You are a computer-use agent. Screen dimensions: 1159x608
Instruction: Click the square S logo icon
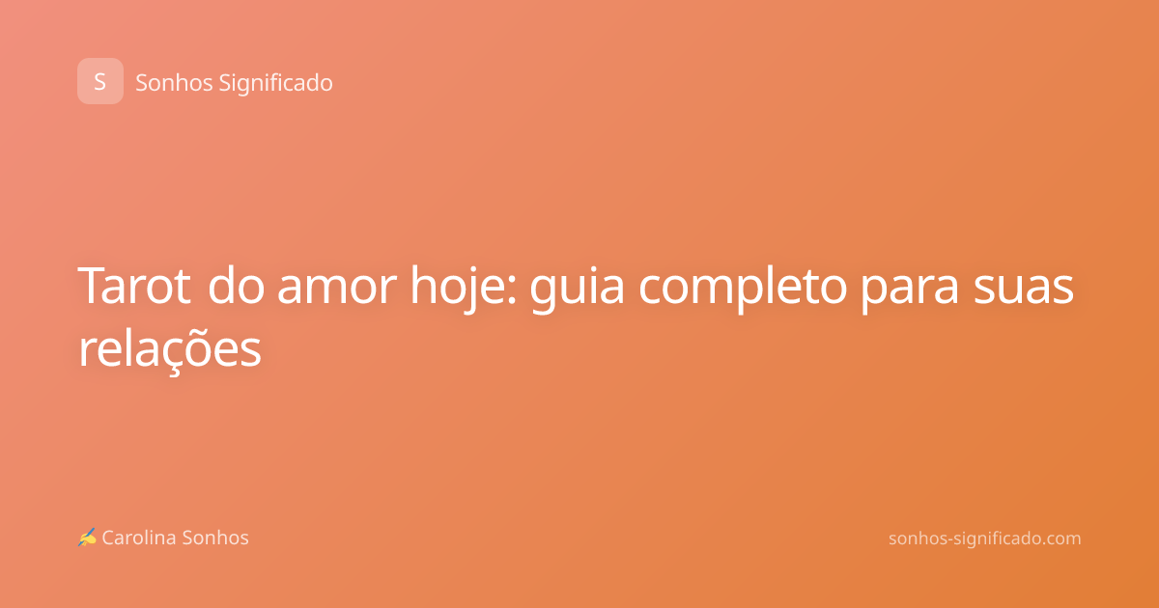coord(100,81)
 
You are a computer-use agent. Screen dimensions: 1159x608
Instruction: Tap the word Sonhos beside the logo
coord(174,83)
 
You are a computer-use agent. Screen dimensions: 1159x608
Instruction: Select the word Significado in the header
coord(276,84)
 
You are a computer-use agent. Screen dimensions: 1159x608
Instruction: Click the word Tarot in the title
coord(134,286)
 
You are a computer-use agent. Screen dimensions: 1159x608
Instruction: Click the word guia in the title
coord(577,289)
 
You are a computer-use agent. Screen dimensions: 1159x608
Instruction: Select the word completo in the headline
coord(743,289)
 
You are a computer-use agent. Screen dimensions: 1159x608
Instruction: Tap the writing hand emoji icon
coord(87,538)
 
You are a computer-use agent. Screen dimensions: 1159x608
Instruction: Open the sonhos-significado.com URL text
coord(984,539)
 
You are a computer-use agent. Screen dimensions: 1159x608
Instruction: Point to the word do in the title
coord(236,286)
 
